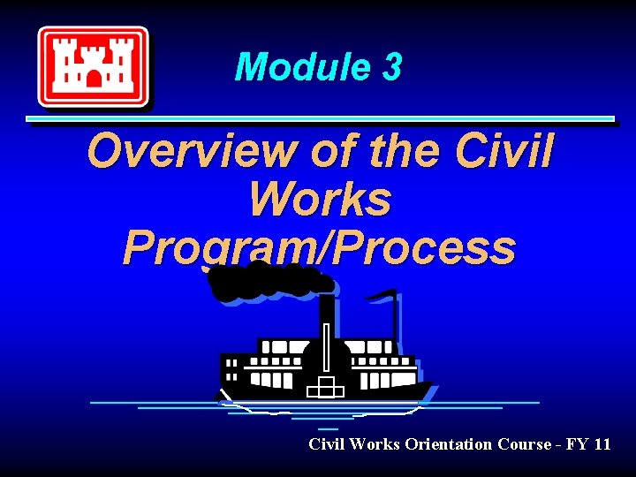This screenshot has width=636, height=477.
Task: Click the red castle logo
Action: point(92,66)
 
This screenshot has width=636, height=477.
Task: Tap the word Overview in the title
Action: point(192,151)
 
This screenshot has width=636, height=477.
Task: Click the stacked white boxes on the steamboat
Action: point(325,387)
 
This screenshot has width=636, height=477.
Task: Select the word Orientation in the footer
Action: point(450,444)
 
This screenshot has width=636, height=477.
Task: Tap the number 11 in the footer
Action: point(602,444)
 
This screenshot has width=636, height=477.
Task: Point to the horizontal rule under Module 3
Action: point(320,118)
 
